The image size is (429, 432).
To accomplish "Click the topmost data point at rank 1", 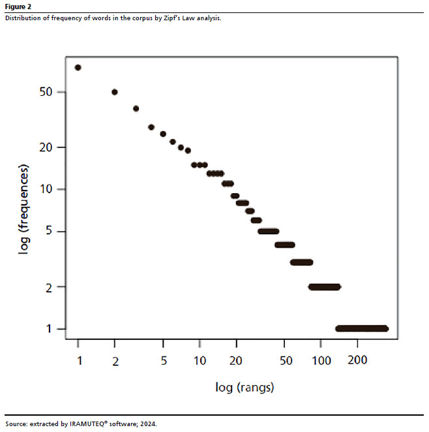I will pyautogui.click(x=78, y=67).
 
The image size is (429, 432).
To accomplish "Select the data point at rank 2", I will pyautogui.click(x=115, y=92).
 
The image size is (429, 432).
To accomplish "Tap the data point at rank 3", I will pyautogui.click(x=136, y=108).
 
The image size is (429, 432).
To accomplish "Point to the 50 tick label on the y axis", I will pyautogui.click(x=45, y=92).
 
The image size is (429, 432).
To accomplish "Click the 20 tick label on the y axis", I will pyautogui.click(x=45, y=147).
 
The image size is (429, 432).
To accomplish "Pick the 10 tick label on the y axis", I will pyautogui.click(x=45, y=189).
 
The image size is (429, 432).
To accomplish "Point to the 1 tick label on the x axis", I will pyautogui.click(x=78, y=360).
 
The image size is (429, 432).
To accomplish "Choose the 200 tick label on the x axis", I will pyautogui.click(x=357, y=360).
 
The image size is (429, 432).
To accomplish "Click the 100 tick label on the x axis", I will pyautogui.click(x=321, y=360).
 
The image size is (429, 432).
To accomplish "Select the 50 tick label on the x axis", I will pyautogui.click(x=285, y=360).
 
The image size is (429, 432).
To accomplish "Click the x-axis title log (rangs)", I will pyautogui.click(x=244, y=388).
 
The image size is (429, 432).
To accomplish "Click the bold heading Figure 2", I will pyautogui.click(x=18, y=7).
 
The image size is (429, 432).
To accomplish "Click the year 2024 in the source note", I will pyautogui.click(x=148, y=424).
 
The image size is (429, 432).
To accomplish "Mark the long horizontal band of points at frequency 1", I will pyautogui.click(x=362, y=328).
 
